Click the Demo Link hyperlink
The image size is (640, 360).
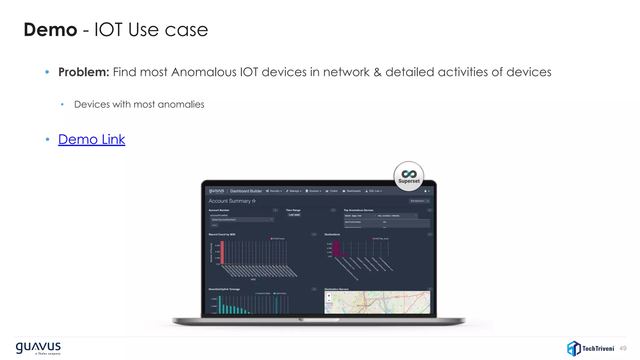pyautogui.click(x=92, y=139)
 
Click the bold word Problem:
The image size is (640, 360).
pyautogui.click(x=84, y=72)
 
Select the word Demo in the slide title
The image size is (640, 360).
pyautogui.click(x=50, y=30)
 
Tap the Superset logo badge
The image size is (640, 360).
pyautogui.click(x=409, y=176)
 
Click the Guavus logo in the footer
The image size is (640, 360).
pyautogui.click(x=38, y=348)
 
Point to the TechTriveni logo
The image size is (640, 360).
pyautogui.click(x=590, y=348)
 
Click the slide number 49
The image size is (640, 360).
pyautogui.click(x=623, y=348)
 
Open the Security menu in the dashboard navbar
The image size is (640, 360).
pyautogui.click(x=274, y=191)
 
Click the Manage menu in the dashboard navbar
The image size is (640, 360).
pyautogui.click(x=294, y=191)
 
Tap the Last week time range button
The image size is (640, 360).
pyautogui.click(x=294, y=215)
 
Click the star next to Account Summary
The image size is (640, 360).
pyautogui.click(x=254, y=201)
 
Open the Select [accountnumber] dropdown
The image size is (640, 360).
pyautogui.click(x=242, y=220)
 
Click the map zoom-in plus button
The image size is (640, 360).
pyautogui.click(x=329, y=296)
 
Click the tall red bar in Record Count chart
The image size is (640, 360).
pyautogui.click(x=222, y=253)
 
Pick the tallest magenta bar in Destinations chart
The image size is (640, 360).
pyautogui.click(x=336, y=249)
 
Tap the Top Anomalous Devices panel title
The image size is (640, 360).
pyautogui.click(x=358, y=210)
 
